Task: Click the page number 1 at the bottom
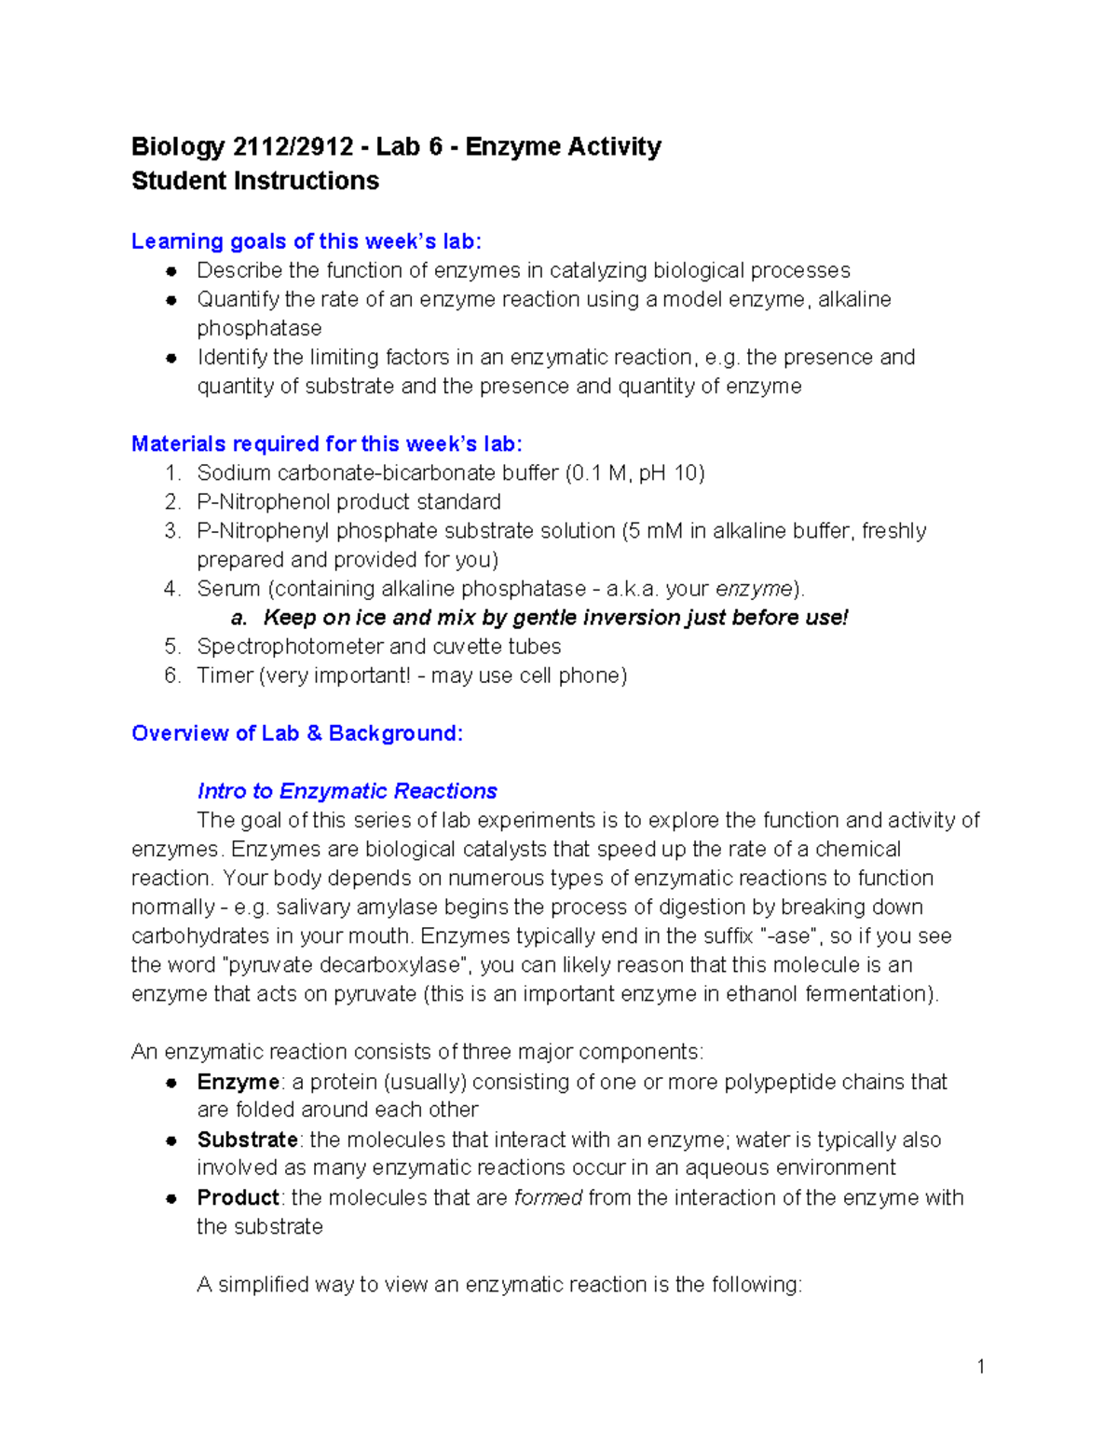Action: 980,1367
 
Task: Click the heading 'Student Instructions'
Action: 255,181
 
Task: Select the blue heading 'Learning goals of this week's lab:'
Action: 307,241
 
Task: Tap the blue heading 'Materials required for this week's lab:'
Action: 326,444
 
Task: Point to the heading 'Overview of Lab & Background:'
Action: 297,733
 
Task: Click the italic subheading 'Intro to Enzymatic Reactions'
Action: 347,791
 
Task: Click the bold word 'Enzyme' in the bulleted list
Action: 238,1082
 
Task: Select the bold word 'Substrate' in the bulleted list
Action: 247,1140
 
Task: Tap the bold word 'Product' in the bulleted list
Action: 238,1197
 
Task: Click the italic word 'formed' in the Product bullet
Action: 548,1197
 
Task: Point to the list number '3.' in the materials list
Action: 172,531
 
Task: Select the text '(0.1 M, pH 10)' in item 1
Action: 634,473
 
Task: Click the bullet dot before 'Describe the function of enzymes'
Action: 171,271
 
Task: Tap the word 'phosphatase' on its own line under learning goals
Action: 259,329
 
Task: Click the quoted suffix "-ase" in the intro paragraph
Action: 786,936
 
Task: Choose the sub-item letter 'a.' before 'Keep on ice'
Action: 239,618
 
